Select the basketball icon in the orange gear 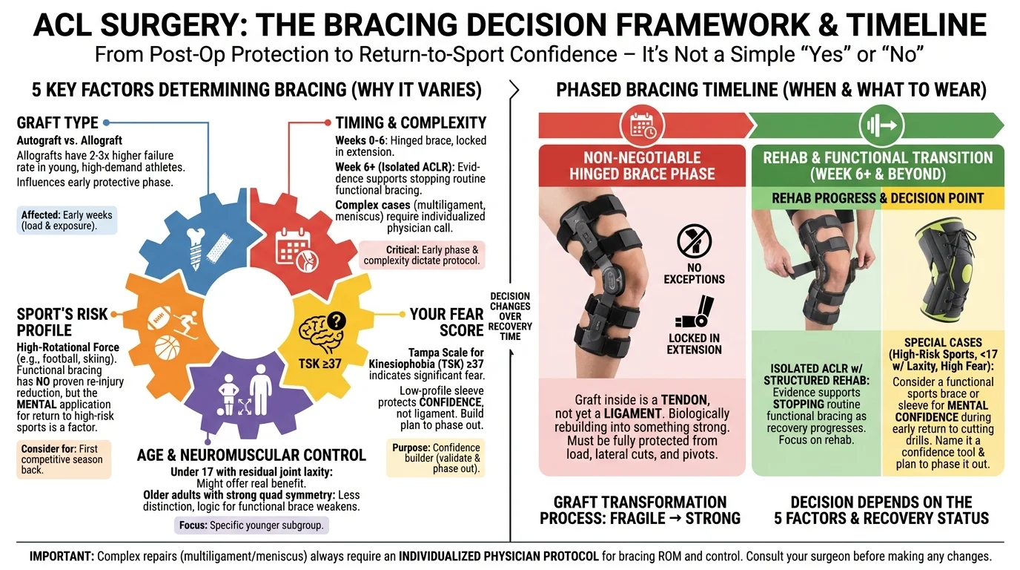pos(167,348)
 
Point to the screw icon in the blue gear pos(196,249)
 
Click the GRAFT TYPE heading pos(57,122)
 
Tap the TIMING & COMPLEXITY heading pos(411,122)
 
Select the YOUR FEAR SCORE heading pos(446,322)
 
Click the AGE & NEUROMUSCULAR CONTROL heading pos(251,455)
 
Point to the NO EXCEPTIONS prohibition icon pos(694,240)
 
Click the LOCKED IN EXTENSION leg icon pos(695,312)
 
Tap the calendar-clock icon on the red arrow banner pos(642,125)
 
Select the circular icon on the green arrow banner pos(881,125)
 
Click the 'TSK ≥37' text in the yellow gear pos(319,364)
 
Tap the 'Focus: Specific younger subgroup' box pos(251,525)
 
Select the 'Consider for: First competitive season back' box pos(64,459)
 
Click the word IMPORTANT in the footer pos(62,557)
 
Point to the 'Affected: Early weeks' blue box pos(67,220)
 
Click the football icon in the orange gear pos(159,318)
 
